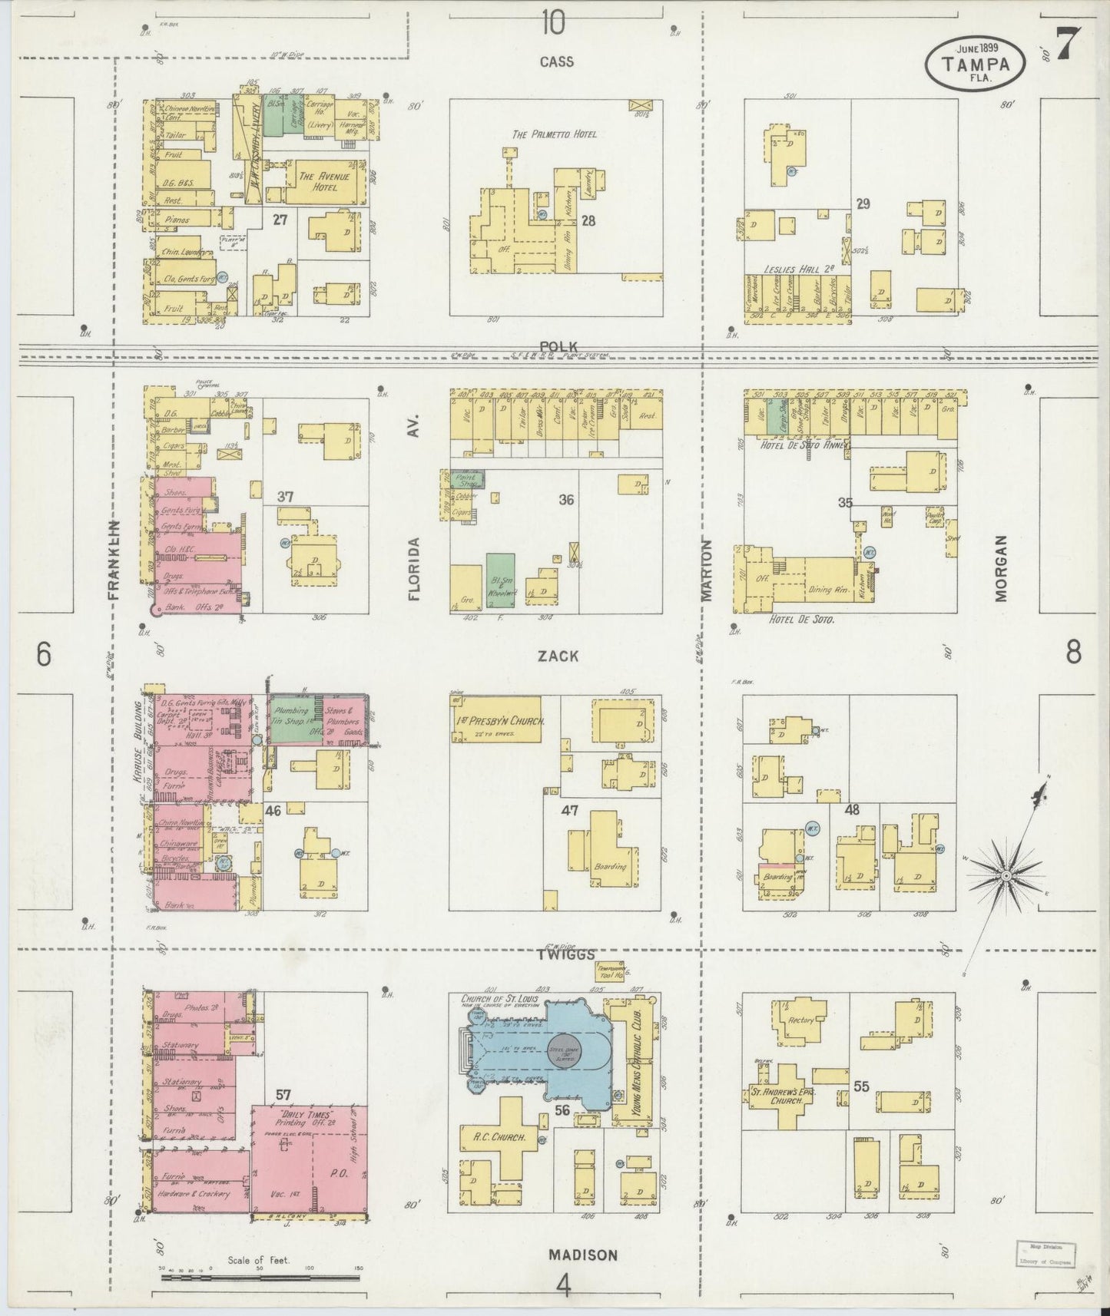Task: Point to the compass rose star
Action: (x=1005, y=875)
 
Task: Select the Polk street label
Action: (x=558, y=346)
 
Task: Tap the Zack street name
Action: (x=558, y=656)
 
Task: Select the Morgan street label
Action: (x=1000, y=567)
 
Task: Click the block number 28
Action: (x=588, y=221)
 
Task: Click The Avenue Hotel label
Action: (x=319, y=181)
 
